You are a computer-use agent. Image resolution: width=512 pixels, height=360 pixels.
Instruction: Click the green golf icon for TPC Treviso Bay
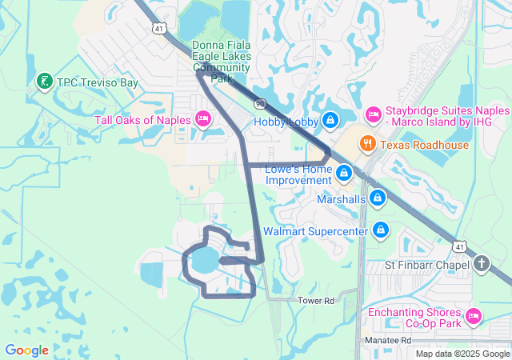pyautogui.click(x=45, y=81)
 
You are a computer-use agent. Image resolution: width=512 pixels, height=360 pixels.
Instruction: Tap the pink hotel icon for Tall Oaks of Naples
pyautogui.click(x=203, y=120)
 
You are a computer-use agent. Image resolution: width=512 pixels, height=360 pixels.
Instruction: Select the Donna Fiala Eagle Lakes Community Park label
pyautogui.click(x=221, y=62)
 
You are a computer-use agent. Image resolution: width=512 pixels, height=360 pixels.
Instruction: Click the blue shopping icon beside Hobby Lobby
pyautogui.click(x=330, y=121)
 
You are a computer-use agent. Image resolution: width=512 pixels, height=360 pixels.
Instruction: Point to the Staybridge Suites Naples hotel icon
pyautogui.click(x=374, y=115)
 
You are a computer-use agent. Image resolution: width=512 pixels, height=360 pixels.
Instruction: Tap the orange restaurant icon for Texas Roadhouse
pyautogui.click(x=368, y=145)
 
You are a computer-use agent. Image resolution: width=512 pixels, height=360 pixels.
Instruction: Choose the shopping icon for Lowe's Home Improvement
pyautogui.click(x=344, y=173)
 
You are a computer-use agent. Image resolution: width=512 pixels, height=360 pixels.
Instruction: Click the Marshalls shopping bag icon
pyautogui.click(x=377, y=198)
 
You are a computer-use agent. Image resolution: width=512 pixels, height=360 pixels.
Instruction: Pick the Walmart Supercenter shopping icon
pyautogui.click(x=381, y=230)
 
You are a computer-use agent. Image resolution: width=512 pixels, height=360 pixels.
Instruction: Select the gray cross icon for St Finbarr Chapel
pyautogui.click(x=481, y=263)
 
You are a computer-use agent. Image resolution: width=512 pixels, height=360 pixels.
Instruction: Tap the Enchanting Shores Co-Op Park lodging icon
pyautogui.click(x=473, y=317)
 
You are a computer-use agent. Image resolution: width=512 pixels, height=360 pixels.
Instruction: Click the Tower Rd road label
pyautogui.click(x=314, y=300)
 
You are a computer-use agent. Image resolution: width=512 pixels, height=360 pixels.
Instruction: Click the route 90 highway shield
pyautogui.click(x=260, y=104)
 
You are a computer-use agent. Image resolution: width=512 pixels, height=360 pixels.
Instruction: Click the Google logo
pyautogui.click(x=26, y=350)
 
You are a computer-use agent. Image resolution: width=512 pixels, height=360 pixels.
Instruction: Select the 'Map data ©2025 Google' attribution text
pyautogui.click(x=462, y=354)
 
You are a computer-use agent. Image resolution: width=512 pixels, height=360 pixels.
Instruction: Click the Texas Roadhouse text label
pyautogui.click(x=424, y=145)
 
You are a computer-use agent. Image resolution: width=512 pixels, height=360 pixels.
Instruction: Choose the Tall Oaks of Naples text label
pyautogui.click(x=142, y=120)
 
